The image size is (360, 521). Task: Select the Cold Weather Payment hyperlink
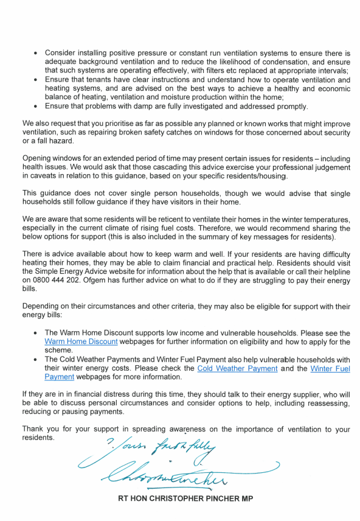click(237, 368)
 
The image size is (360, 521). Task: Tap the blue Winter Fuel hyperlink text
click(330, 368)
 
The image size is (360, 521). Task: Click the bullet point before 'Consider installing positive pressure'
click(36, 54)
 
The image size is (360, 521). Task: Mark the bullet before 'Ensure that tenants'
click(36, 80)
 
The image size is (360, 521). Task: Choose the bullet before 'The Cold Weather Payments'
click(36, 360)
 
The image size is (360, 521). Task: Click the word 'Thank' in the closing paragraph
click(34, 429)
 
